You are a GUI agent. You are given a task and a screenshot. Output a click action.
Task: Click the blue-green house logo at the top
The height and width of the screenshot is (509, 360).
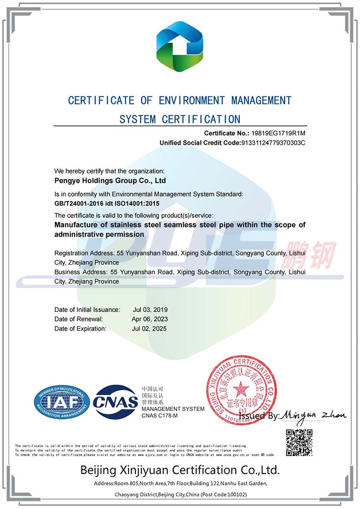(x=180, y=47)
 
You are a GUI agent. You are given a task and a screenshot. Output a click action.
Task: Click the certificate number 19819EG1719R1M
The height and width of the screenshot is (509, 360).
(x=279, y=133)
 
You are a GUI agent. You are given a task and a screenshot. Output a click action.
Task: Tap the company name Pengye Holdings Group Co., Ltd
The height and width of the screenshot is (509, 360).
(x=110, y=181)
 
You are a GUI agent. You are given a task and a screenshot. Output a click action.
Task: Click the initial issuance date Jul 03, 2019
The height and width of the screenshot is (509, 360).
(x=150, y=310)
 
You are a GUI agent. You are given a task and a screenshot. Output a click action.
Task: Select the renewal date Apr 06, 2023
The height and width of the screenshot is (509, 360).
(x=150, y=319)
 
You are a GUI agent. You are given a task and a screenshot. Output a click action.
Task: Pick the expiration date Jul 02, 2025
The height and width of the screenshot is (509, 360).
(x=150, y=329)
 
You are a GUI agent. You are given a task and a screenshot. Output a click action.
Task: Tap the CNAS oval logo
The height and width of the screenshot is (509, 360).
(x=116, y=402)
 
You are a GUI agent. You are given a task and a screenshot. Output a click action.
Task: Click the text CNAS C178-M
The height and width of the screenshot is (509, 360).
(x=160, y=415)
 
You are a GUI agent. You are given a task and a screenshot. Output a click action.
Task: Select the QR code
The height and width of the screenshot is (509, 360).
(x=299, y=443)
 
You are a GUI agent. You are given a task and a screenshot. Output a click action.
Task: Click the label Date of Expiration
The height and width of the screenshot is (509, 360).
(x=81, y=329)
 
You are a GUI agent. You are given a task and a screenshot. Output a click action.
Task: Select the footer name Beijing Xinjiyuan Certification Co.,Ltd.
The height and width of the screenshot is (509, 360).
(x=180, y=470)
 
